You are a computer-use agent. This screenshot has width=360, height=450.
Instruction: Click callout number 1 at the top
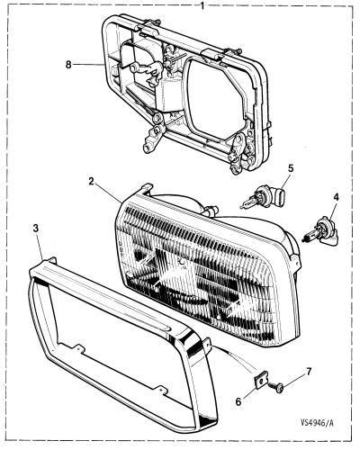click(x=202, y=5)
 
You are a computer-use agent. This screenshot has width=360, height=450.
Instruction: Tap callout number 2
click(x=92, y=181)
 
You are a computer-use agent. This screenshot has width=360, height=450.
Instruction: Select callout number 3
click(x=36, y=229)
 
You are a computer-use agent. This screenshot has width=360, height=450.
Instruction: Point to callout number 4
click(x=336, y=197)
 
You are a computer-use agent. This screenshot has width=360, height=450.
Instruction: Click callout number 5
click(x=291, y=168)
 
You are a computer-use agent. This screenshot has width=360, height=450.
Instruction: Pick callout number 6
click(x=238, y=401)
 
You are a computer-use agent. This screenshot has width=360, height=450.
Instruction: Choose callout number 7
click(x=308, y=372)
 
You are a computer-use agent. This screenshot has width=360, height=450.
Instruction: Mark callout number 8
click(x=68, y=64)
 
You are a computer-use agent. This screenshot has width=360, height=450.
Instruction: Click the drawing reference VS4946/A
click(x=317, y=423)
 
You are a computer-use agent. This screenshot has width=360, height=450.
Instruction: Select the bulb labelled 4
click(x=320, y=234)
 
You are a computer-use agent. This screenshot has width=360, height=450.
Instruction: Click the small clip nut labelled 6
click(x=260, y=380)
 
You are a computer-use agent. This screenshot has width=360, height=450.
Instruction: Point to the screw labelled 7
click(x=277, y=386)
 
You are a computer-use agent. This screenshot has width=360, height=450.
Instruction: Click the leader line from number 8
click(x=88, y=64)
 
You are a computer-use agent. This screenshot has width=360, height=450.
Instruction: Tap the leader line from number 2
click(x=109, y=193)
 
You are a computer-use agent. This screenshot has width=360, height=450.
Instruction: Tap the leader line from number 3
click(x=40, y=245)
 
